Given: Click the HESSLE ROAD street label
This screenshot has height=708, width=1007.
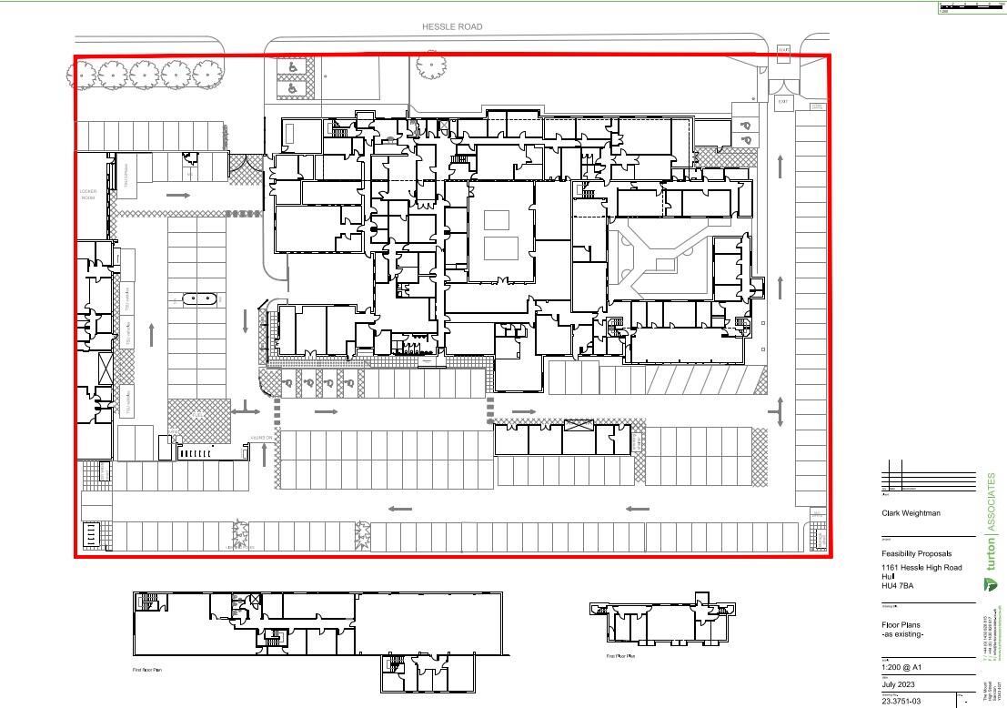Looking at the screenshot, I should pos(452,27).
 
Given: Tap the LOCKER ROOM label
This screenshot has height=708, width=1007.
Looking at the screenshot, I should pos(88,194).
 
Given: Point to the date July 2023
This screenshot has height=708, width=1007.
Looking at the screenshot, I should pos(899,683).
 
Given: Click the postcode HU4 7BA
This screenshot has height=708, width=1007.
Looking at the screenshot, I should pos(898,585).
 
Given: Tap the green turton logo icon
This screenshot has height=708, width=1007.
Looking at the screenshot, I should pos(990,583).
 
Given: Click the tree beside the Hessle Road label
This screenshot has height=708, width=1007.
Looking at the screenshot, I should pos(430,65).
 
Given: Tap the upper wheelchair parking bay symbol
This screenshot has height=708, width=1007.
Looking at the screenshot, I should pos(293,67).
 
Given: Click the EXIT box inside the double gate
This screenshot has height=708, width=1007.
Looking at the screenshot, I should pos(782,103).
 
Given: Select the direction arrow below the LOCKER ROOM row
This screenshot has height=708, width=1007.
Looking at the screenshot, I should pos(178,196).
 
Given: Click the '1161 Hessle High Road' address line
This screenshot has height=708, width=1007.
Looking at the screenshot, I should pos(921,568).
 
